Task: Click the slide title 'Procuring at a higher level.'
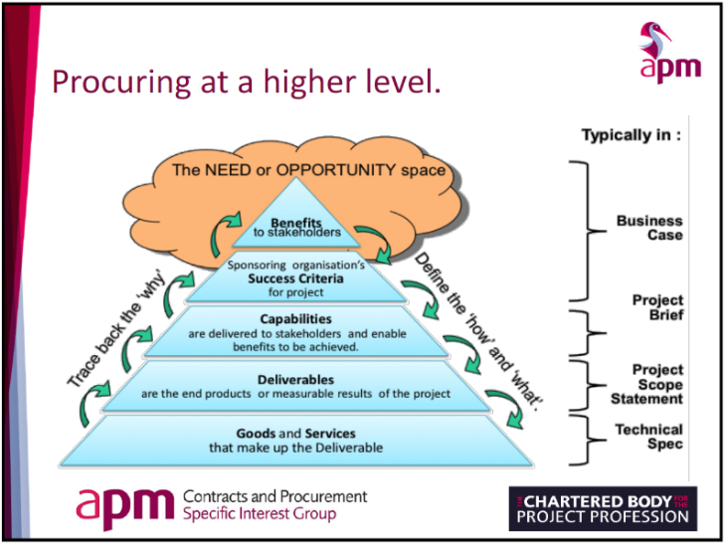[246, 80]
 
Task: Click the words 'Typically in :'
[632, 135]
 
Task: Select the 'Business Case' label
[648, 228]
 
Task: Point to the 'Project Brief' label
[657, 307]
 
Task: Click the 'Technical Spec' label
[648, 437]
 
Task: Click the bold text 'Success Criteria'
[295, 279]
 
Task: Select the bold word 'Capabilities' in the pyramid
[295, 318]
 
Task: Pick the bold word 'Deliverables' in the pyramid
[295, 379]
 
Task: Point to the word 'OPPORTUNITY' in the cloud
[344, 170]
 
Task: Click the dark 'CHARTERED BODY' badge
[603, 508]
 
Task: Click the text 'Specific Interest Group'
[260, 514]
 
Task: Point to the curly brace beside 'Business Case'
[589, 231]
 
